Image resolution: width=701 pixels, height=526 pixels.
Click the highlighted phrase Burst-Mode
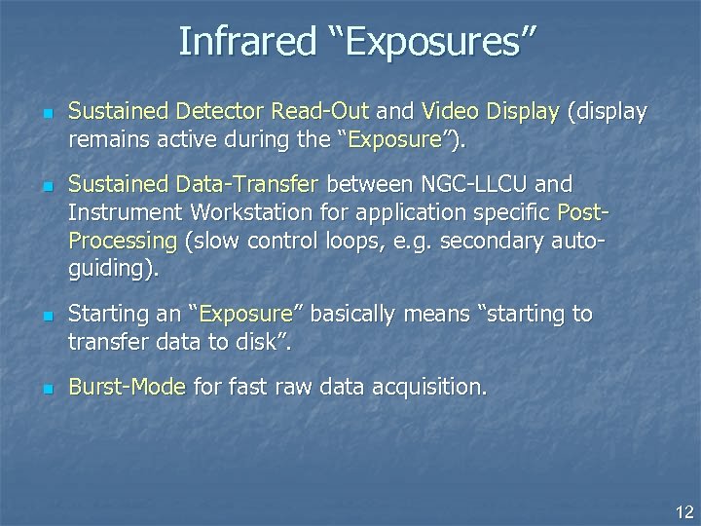(x=128, y=387)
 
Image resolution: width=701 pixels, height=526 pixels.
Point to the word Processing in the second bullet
(x=123, y=240)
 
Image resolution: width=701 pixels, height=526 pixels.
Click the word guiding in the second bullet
(x=108, y=268)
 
